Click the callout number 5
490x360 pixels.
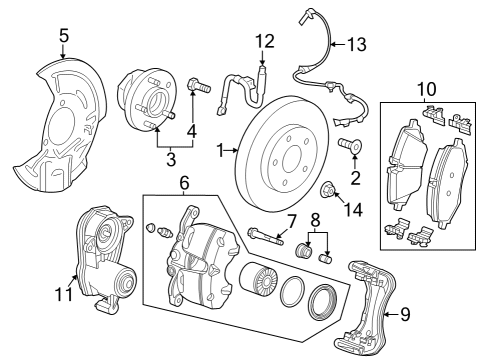64,37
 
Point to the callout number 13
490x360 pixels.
356,44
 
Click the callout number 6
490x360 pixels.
184,182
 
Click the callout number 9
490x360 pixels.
405,314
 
